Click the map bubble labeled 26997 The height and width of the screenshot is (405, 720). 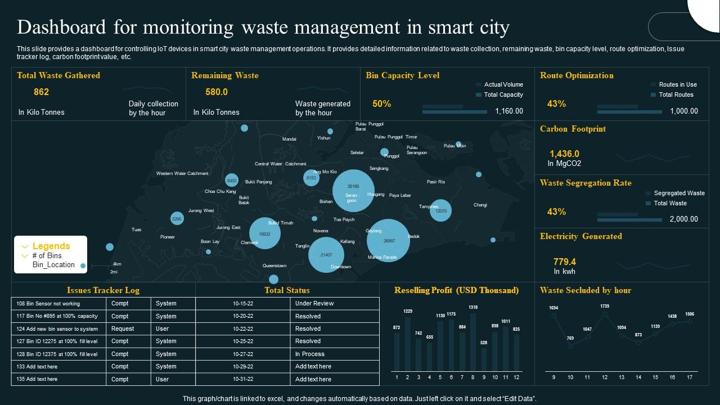click(388, 240)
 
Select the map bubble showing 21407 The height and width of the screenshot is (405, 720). click(326, 255)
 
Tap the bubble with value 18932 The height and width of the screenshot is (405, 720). click(265, 233)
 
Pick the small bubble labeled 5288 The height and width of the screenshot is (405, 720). click(177, 218)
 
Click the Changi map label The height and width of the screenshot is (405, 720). click(480, 205)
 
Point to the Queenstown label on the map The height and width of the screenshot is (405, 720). click(274, 265)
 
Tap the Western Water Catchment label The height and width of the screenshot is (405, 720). click(182, 173)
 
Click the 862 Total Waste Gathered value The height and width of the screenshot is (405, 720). click(42, 92)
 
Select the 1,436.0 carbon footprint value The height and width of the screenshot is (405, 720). click(564, 154)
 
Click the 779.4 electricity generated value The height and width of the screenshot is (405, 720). click(564, 262)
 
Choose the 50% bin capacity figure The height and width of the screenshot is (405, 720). click(381, 104)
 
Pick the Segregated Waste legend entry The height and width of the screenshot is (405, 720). click(678, 193)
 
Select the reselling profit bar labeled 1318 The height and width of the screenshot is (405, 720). click(473, 341)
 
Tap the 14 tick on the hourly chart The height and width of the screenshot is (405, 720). click(638, 377)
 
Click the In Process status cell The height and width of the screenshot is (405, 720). click(310, 354)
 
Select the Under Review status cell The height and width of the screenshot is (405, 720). click(314, 303)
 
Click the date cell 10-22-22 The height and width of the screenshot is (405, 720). click(244, 328)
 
